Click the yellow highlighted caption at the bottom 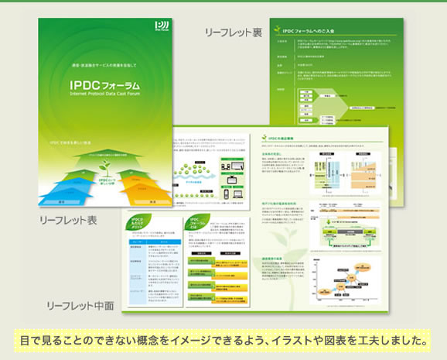223,340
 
